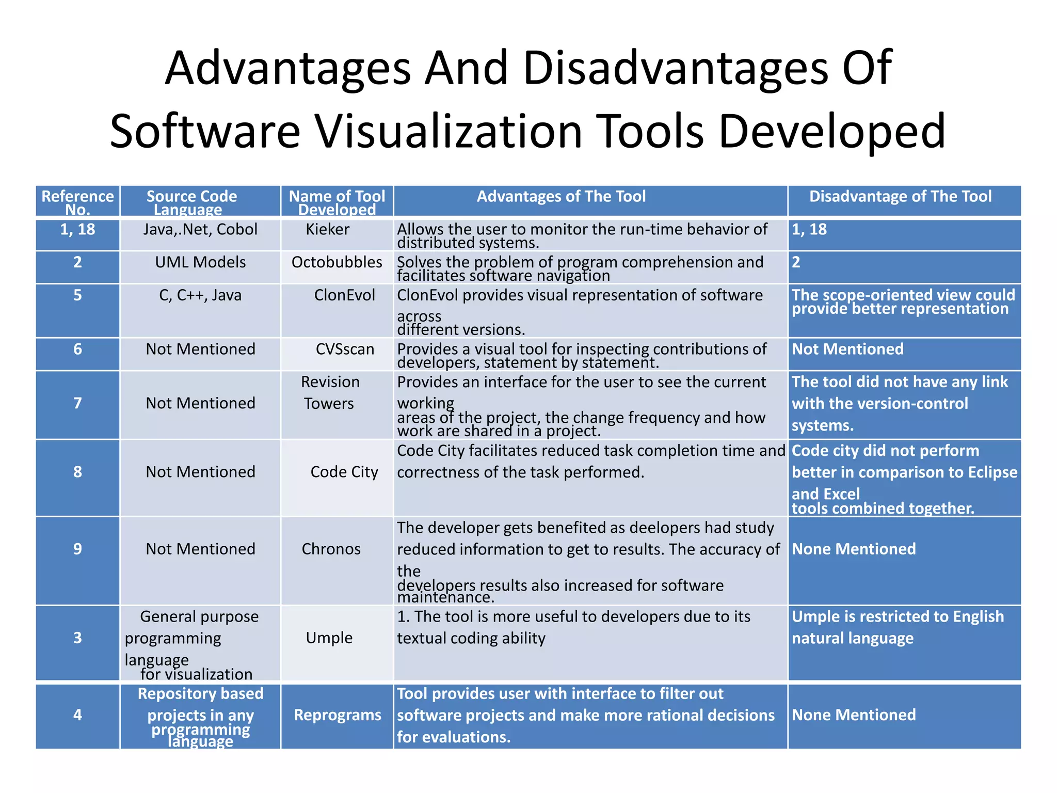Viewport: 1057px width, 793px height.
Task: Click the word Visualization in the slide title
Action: pos(450,131)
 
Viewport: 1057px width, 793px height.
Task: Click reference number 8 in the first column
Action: pos(77,472)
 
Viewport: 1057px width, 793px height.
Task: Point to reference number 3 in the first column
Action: pos(77,638)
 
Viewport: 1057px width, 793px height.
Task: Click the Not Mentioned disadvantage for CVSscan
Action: pos(847,350)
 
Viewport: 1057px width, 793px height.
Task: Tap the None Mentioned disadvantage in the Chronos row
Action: pos(854,549)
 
